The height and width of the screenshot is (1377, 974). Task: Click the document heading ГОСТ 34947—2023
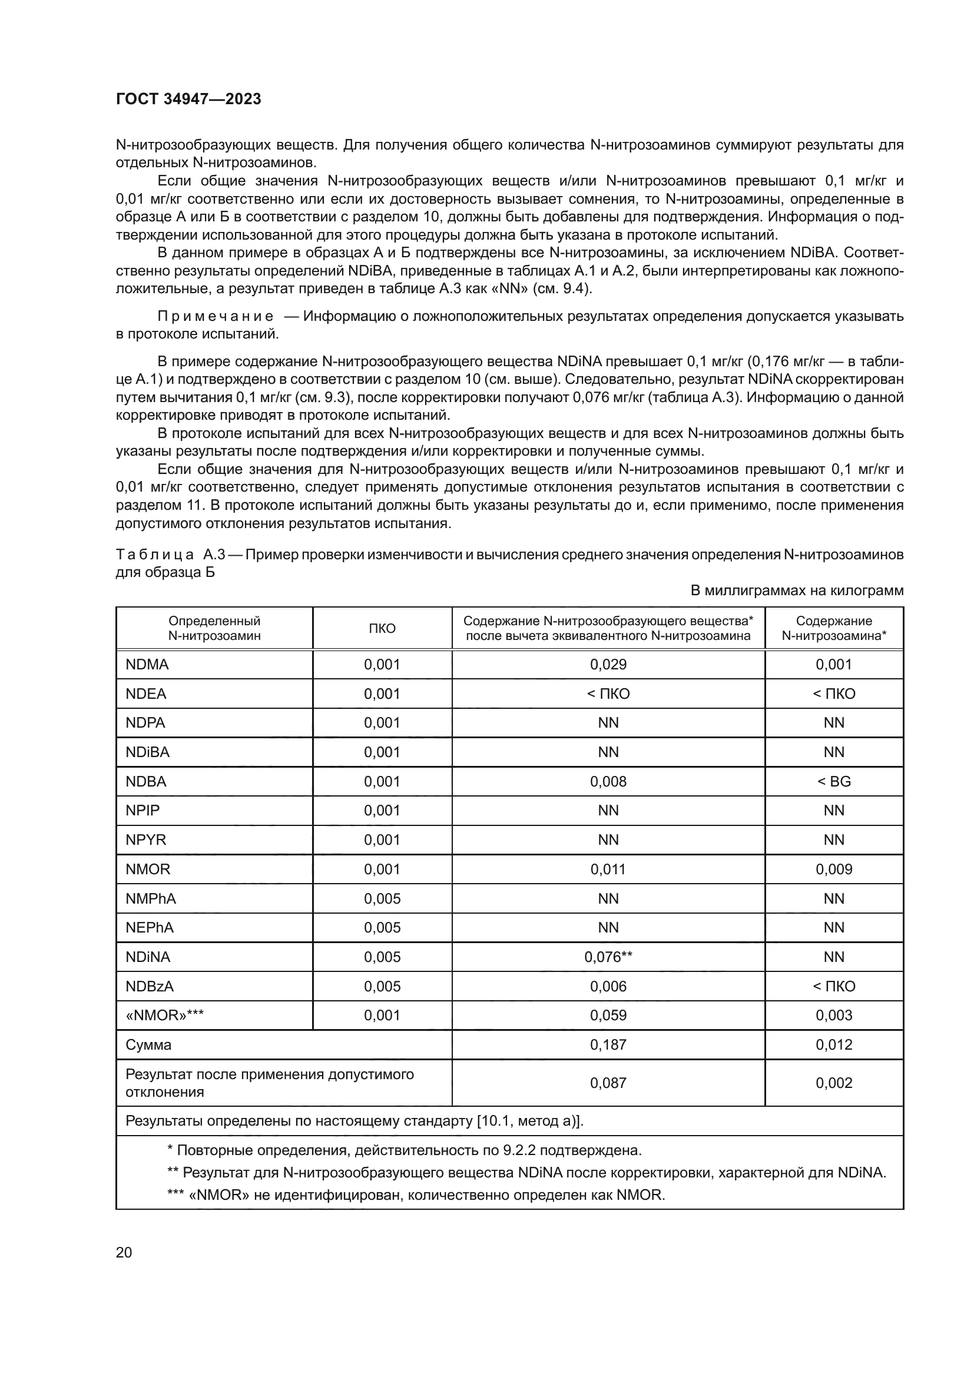(x=188, y=99)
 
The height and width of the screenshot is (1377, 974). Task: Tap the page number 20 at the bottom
(x=124, y=1252)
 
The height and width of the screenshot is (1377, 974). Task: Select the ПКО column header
(x=382, y=628)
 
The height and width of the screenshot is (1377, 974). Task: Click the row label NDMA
(x=147, y=665)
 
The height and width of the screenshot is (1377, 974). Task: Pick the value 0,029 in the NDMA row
(x=608, y=665)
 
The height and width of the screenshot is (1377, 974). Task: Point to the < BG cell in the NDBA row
(x=834, y=781)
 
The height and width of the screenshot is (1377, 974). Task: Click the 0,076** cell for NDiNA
(x=608, y=957)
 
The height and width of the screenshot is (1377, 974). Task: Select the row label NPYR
(x=145, y=840)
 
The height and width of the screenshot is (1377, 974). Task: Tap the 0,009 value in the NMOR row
(x=834, y=869)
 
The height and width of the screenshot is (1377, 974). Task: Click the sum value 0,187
(x=608, y=1045)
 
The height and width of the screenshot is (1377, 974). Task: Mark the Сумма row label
(x=148, y=1045)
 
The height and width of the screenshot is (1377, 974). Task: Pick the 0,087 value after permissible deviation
(x=608, y=1083)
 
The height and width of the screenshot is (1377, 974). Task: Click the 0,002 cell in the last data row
(x=834, y=1083)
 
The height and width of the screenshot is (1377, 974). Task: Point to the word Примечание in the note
(x=216, y=316)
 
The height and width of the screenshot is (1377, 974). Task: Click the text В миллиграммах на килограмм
(x=797, y=590)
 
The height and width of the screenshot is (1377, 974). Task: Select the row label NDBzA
(x=150, y=986)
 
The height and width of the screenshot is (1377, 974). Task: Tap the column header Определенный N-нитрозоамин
(x=214, y=628)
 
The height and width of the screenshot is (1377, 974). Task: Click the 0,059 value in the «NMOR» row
(x=608, y=1016)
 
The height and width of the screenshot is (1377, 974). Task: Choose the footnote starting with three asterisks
(x=416, y=1194)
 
